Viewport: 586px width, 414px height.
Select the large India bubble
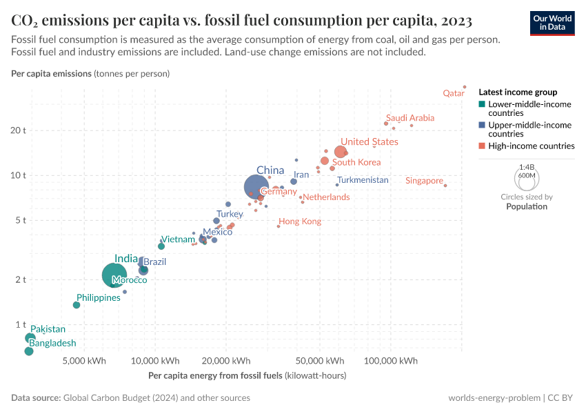pos(114,275)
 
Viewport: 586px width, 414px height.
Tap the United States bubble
pos(341,152)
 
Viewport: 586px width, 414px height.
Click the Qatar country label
pos(453,93)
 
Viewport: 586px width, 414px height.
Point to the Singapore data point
pos(445,185)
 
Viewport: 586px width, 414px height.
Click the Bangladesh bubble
pos(29,351)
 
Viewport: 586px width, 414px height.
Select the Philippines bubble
pos(77,305)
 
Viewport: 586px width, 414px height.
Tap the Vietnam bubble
pos(161,246)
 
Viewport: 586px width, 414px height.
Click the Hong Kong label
pos(300,221)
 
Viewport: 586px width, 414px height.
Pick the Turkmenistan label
pos(363,180)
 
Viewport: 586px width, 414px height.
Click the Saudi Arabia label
pos(410,118)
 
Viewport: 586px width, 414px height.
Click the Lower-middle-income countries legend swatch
pos(482,104)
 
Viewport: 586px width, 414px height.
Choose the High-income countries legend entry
pos(531,146)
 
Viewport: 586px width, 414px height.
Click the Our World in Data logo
pos(552,22)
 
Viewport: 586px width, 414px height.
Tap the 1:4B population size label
pos(527,167)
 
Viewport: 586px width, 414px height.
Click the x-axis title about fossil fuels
pos(247,376)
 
